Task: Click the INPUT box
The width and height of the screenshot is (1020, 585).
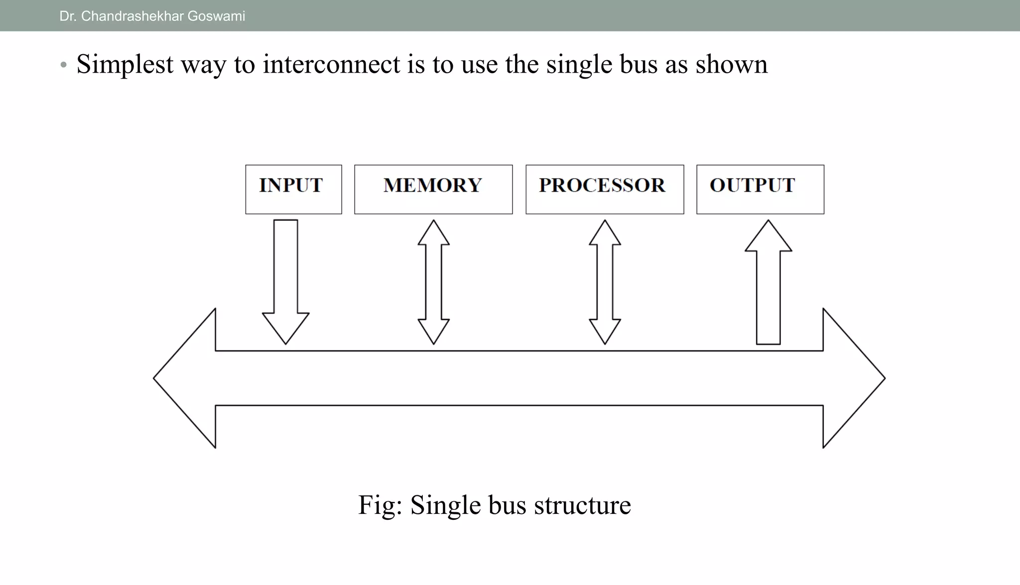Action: [293, 189]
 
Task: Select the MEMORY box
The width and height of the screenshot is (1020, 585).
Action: [433, 189]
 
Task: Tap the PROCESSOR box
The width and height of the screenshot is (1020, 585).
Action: [605, 189]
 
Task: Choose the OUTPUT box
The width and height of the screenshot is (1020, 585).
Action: [760, 189]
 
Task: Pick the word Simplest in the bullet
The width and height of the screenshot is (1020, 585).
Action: [125, 65]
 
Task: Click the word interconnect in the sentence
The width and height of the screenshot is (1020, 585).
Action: [331, 65]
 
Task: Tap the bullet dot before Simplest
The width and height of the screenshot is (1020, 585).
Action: [63, 65]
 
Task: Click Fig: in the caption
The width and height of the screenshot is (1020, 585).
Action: [380, 505]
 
